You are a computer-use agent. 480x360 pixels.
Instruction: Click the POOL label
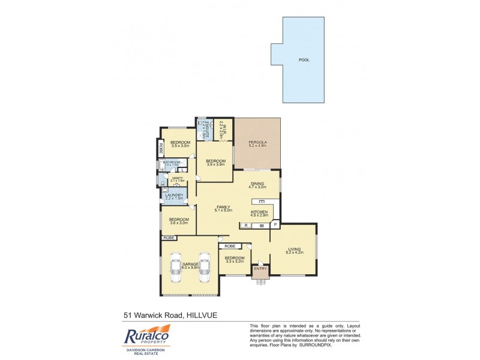305,60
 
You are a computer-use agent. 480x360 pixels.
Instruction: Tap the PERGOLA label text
257,142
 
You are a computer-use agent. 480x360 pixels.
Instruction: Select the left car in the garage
175,268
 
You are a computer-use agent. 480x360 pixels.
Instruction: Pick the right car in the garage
204,268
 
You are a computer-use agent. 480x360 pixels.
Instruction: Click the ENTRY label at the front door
260,268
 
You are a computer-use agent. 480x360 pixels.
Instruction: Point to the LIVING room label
295,249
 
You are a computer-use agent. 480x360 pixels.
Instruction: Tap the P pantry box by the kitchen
275,225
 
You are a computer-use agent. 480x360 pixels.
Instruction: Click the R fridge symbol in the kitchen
245,226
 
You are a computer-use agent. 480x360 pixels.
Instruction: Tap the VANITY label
177,178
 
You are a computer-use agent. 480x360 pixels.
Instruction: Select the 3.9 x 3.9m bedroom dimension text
215,164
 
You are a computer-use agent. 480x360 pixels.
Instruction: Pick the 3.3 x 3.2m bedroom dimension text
235,262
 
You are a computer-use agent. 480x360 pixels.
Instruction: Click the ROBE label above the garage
169,238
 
